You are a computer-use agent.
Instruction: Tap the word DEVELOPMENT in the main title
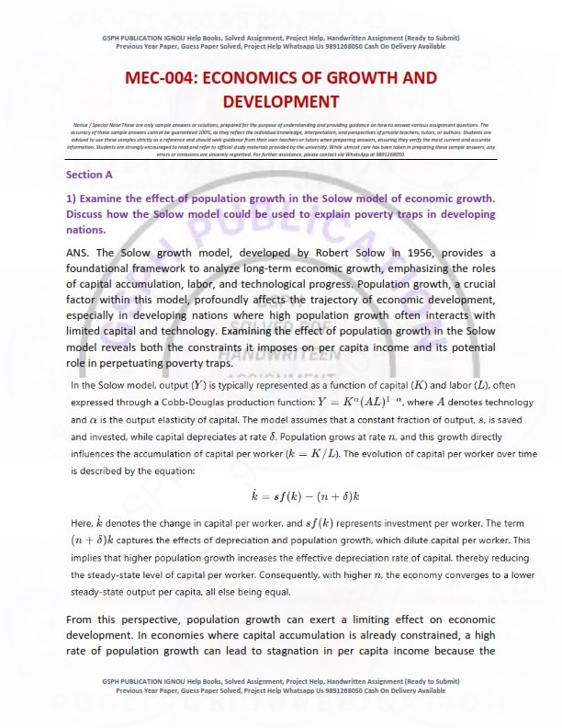[x=280, y=101]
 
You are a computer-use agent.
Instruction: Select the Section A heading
[x=89, y=174]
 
